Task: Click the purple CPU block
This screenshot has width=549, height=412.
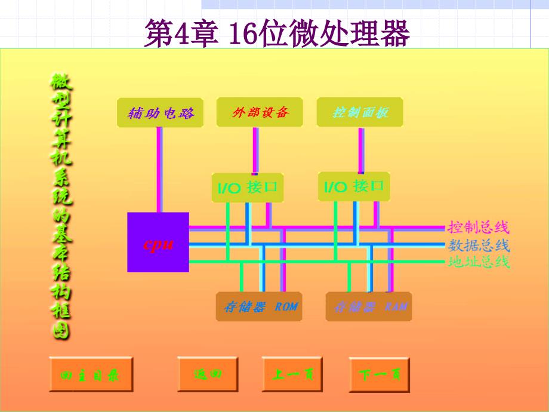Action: pos(158,242)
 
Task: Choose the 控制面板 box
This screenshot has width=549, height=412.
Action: pos(360,112)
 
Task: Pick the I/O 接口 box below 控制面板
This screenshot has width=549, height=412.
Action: pos(354,186)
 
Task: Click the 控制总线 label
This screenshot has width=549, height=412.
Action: pos(479,227)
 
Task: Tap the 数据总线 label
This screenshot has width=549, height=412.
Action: pos(479,245)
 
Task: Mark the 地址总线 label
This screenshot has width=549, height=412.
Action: pos(479,262)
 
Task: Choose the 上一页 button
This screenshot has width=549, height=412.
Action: pos(292,374)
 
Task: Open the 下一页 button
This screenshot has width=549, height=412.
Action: pos(380,375)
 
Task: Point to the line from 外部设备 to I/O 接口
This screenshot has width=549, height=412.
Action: pos(255,149)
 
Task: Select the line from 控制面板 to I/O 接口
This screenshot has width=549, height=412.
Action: pos(361,149)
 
